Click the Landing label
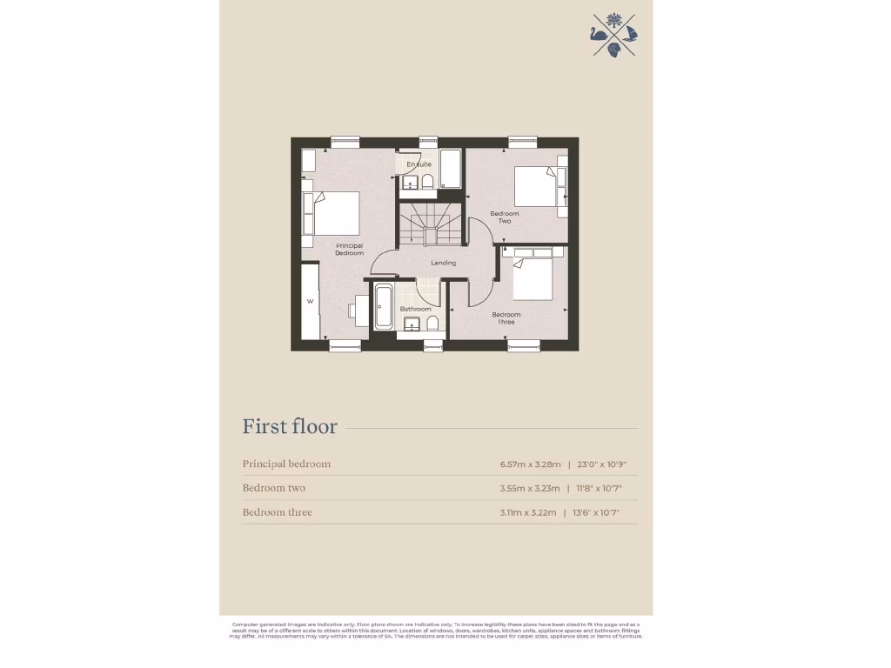(443, 263)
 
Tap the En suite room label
(419, 164)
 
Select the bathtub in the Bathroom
(384, 306)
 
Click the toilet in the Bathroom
(432, 324)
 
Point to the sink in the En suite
(408, 181)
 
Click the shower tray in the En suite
(450, 169)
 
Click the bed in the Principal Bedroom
(336, 213)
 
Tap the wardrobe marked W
(310, 302)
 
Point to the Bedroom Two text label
(505, 217)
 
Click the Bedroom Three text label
(506, 317)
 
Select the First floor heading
(290, 427)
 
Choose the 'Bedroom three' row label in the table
(277, 512)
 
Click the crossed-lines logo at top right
(614, 35)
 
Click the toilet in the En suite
(427, 181)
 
